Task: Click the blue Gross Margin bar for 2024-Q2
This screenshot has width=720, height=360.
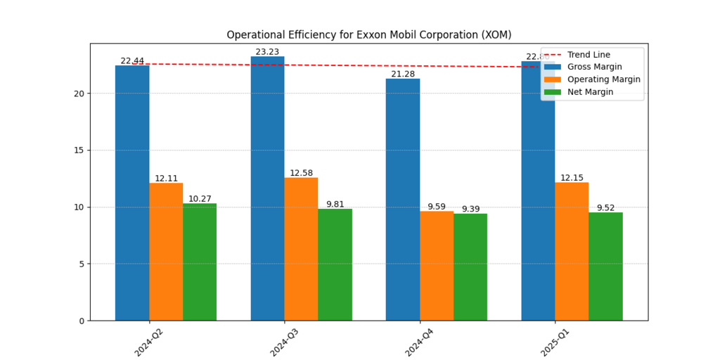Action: click(132, 193)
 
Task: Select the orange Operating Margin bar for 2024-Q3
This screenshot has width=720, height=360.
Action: click(301, 249)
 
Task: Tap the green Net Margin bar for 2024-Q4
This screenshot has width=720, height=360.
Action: click(470, 267)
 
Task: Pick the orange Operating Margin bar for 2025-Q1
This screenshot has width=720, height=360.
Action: click(572, 251)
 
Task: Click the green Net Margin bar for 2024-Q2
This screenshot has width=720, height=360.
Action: click(200, 262)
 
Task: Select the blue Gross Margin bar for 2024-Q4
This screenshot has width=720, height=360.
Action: click(403, 200)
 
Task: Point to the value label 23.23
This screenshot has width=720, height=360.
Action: click(267, 52)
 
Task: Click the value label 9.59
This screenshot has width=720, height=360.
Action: click(437, 207)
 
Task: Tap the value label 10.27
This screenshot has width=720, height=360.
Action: click(200, 199)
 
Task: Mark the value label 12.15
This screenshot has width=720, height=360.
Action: click(572, 178)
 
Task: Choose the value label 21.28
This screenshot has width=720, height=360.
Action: click(403, 74)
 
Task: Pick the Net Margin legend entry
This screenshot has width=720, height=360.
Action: click(590, 92)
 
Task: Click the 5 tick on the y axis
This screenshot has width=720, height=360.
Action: click(82, 264)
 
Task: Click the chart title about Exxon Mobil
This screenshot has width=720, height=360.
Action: click(369, 34)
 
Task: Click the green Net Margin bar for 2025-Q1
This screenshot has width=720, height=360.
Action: click(605, 266)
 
